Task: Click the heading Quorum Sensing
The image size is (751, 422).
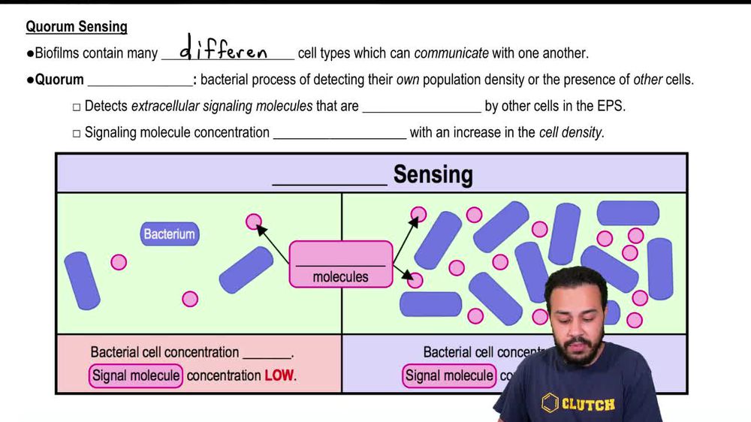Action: click(77, 27)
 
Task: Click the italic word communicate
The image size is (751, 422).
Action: click(451, 53)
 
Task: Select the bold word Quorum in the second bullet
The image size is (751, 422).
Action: click(59, 80)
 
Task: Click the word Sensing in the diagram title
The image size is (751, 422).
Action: click(433, 175)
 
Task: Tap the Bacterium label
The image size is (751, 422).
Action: click(170, 234)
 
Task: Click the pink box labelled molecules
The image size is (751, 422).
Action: click(341, 264)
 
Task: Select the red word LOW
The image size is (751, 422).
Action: click(279, 375)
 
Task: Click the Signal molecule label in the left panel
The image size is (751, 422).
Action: click(136, 375)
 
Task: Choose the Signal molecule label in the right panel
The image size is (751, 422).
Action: click(449, 375)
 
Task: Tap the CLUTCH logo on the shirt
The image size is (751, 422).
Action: click(578, 404)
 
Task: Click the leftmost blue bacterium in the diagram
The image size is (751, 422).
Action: click(82, 281)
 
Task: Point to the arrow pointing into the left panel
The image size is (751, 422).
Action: click(272, 243)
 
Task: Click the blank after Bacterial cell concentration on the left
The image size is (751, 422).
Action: click(267, 353)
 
